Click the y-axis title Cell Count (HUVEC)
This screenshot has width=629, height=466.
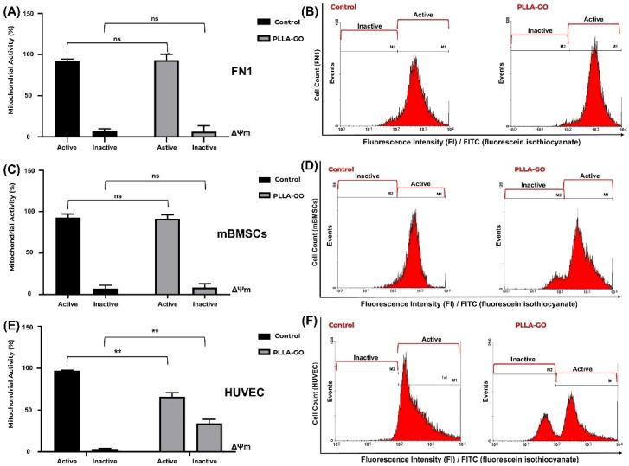tap(320, 398)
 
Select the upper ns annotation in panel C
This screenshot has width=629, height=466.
tap(154, 176)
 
